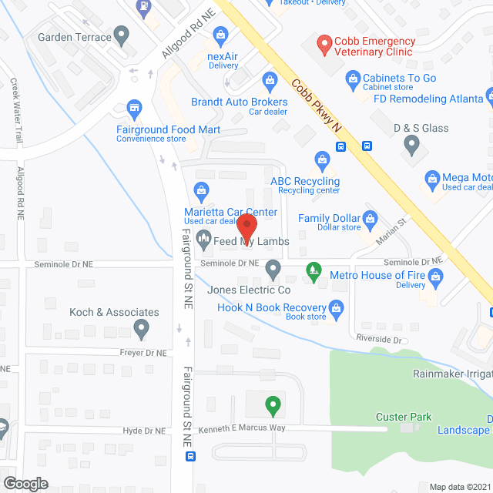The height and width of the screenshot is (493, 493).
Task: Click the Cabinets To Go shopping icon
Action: point(353,78)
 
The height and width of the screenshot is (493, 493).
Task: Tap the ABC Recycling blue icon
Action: point(322,160)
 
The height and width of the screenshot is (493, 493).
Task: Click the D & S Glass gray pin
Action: point(412,143)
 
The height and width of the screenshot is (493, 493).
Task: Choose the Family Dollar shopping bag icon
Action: point(370,218)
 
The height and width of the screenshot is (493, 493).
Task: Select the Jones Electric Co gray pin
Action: point(273,270)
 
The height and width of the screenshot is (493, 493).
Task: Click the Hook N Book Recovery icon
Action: point(336,308)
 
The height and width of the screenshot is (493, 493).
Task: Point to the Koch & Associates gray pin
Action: point(141,330)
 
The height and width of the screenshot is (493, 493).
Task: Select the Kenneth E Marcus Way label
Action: point(242,428)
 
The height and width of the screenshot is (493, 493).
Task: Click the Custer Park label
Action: point(404,418)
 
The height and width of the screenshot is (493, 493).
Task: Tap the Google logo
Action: point(25,483)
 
